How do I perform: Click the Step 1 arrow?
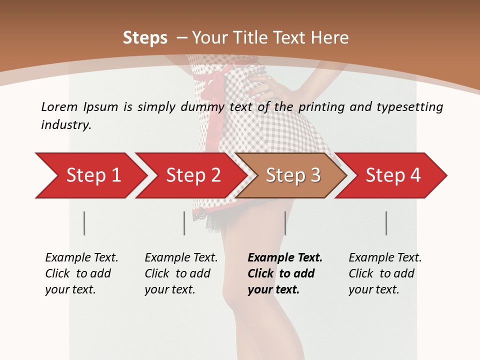coord(92,175)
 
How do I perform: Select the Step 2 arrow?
coord(192,175)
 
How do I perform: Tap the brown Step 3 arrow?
coord(292,175)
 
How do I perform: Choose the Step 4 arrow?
coord(392,175)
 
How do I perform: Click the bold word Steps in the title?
coord(145,37)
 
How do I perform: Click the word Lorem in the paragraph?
coord(59,106)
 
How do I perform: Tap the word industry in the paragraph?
coord(66,125)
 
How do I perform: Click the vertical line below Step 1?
coord(84,223)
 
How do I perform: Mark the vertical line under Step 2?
coord(184,223)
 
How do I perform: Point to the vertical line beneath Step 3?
coord(285,223)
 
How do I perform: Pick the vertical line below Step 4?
coord(386,223)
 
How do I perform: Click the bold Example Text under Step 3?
coord(285,258)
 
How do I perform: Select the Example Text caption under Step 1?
coord(81,258)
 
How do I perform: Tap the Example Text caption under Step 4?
coord(385,258)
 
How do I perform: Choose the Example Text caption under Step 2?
coord(181,258)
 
